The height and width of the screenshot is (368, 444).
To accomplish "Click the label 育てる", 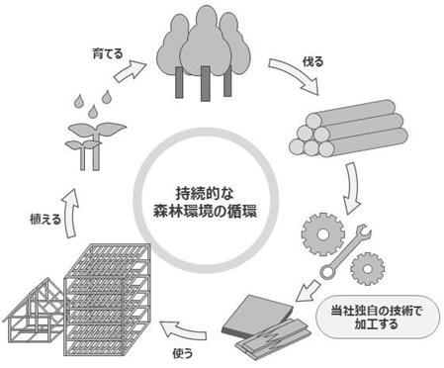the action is pyautogui.click(x=108, y=53).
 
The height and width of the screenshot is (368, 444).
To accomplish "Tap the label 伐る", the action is pyautogui.click(x=312, y=61).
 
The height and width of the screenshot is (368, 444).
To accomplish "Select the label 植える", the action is pyautogui.click(x=45, y=220).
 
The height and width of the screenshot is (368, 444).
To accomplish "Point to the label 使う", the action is pyautogui.click(x=182, y=353).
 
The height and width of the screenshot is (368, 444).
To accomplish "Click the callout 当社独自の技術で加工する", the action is pyautogui.click(x=378, y=317).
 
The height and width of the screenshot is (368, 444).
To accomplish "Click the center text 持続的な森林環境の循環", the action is pyautogui.click(x=205, y=202).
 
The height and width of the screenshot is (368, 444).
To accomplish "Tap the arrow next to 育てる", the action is pyautogui.click(x=130, y=71).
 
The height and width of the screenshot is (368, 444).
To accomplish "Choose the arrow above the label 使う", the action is pyautogui.click(x=182, y=330).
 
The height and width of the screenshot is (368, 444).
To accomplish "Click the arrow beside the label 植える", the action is pyautogui.click(x=70, y=214).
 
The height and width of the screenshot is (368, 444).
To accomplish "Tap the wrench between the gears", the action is pyautogui.click(x=345, y=251).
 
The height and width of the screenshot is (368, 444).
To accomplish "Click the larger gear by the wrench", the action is pyautogui.click(x=323, y=234).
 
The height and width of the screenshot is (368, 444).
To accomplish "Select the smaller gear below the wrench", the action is pyautogui.click(x=367, y=269).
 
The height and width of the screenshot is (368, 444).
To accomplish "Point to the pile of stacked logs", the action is pyautogui.click(x=348, y=129).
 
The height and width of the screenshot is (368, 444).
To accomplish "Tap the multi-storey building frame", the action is pyautogui.click(x=107, y=300).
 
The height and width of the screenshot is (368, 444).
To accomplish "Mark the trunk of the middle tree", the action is pyautogui.click(x=205, y=83).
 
